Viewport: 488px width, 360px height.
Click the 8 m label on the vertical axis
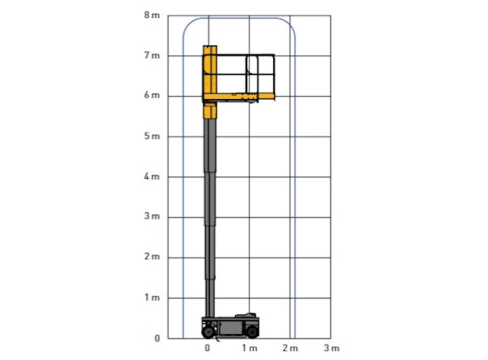point(152,15)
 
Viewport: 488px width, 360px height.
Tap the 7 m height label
point(152,55)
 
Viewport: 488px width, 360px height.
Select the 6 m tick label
point(152,95)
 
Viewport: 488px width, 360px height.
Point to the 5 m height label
point(152,136)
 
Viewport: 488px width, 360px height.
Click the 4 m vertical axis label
point(152,176)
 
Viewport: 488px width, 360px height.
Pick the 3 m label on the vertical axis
point(152,215)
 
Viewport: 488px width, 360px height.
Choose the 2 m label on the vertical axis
point(152,257)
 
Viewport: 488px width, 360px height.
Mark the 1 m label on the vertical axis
point(152,297)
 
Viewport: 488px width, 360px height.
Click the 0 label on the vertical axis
point(157,338)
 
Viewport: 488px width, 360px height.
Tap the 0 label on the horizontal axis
point(207,348)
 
